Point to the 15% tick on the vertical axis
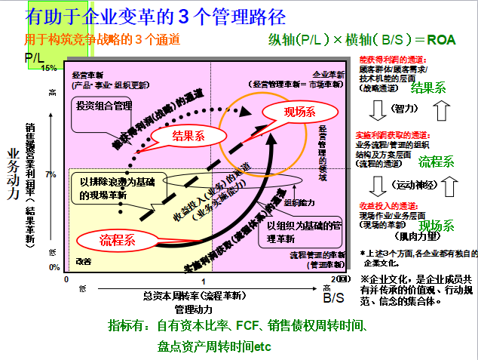click(x=51, y=68)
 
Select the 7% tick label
click(x=51, y=174)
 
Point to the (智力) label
click(x=406, y=110)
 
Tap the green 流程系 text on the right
click(x=437, y=161)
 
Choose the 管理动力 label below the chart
click(x=194, y=309)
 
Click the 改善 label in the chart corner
click(x=84, y=261)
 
